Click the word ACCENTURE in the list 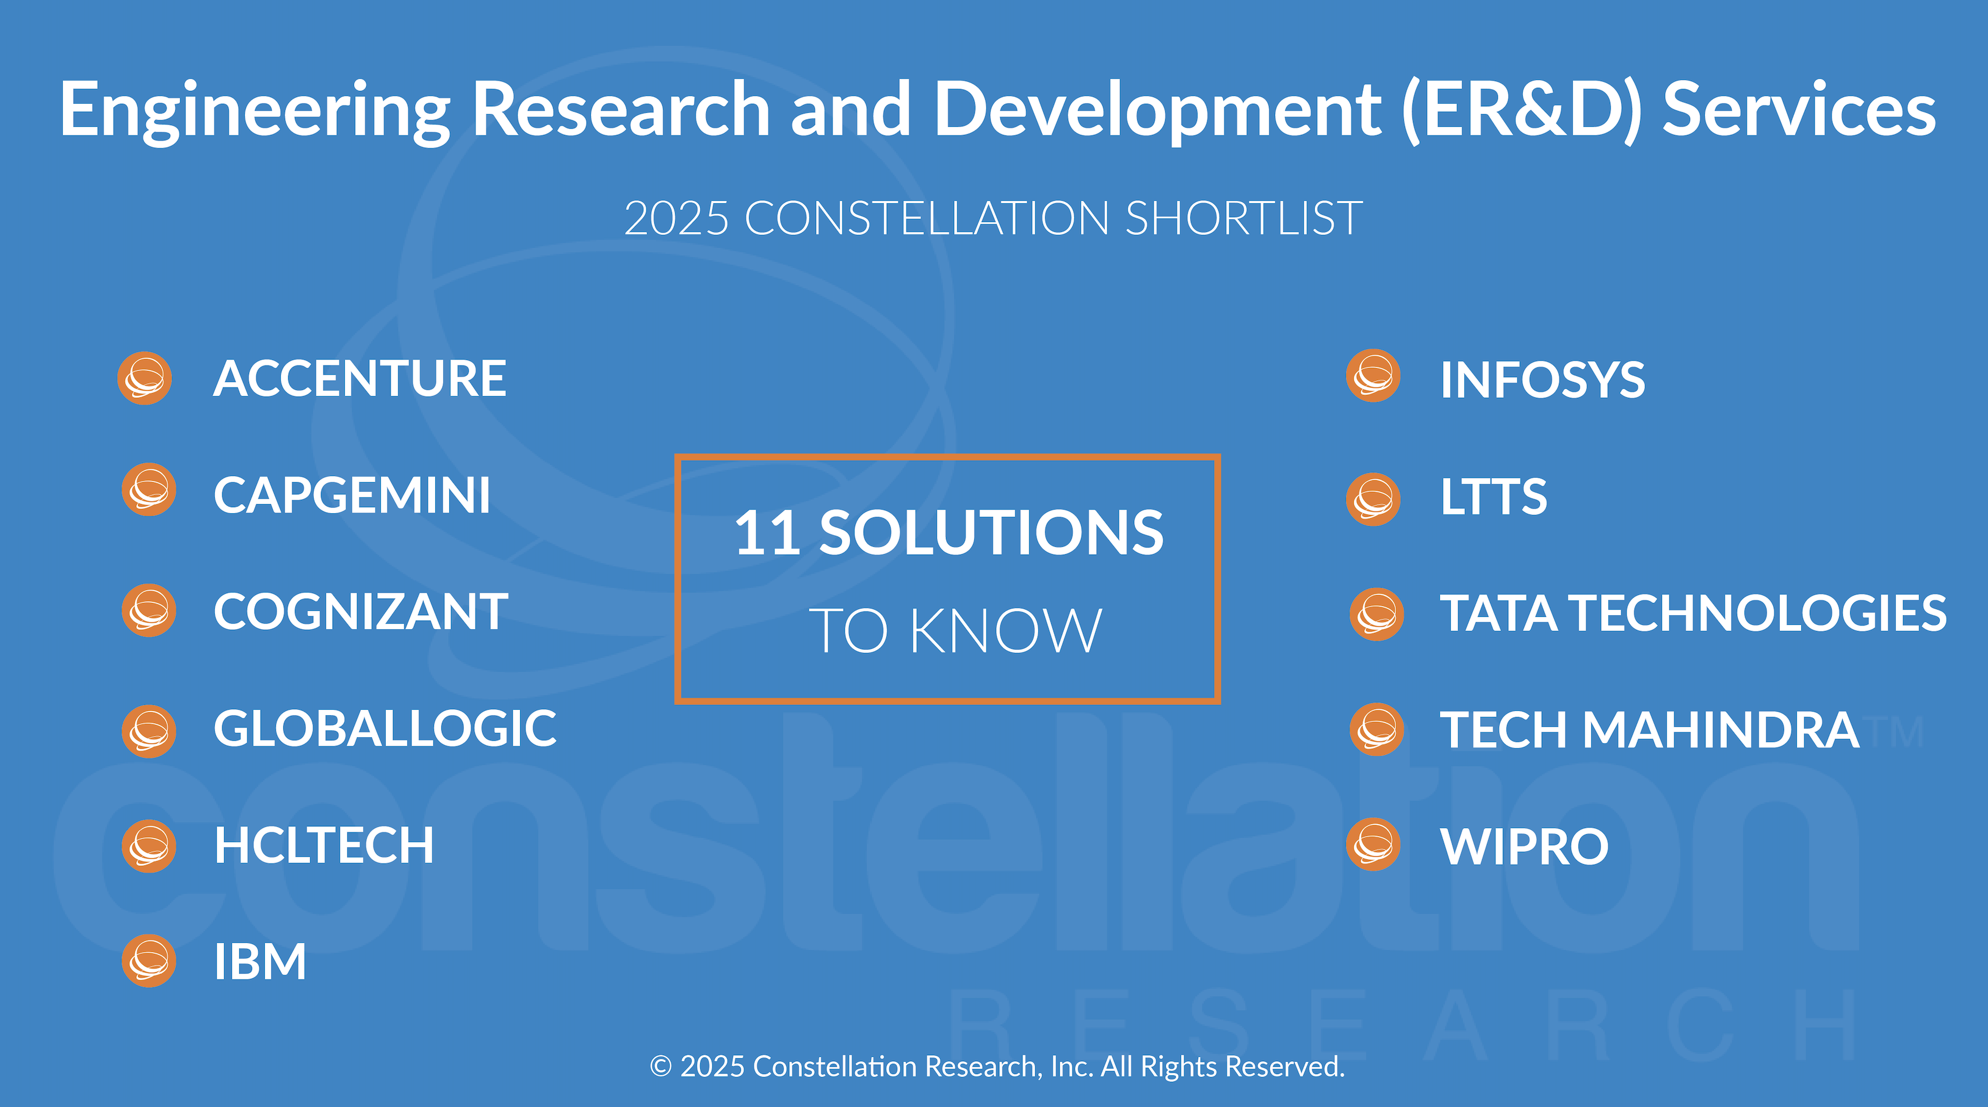360,379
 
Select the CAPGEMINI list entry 352,496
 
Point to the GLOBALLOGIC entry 385,728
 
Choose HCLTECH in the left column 324,845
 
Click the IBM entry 260,962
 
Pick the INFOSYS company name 1542,380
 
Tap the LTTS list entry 1494,497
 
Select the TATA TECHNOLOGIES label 1693,613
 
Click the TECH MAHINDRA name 1650,730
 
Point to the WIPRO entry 1524,847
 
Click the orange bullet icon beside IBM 149,961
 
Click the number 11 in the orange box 767,532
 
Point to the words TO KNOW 955,630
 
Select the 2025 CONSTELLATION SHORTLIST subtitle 993,218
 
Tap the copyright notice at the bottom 997,1067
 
